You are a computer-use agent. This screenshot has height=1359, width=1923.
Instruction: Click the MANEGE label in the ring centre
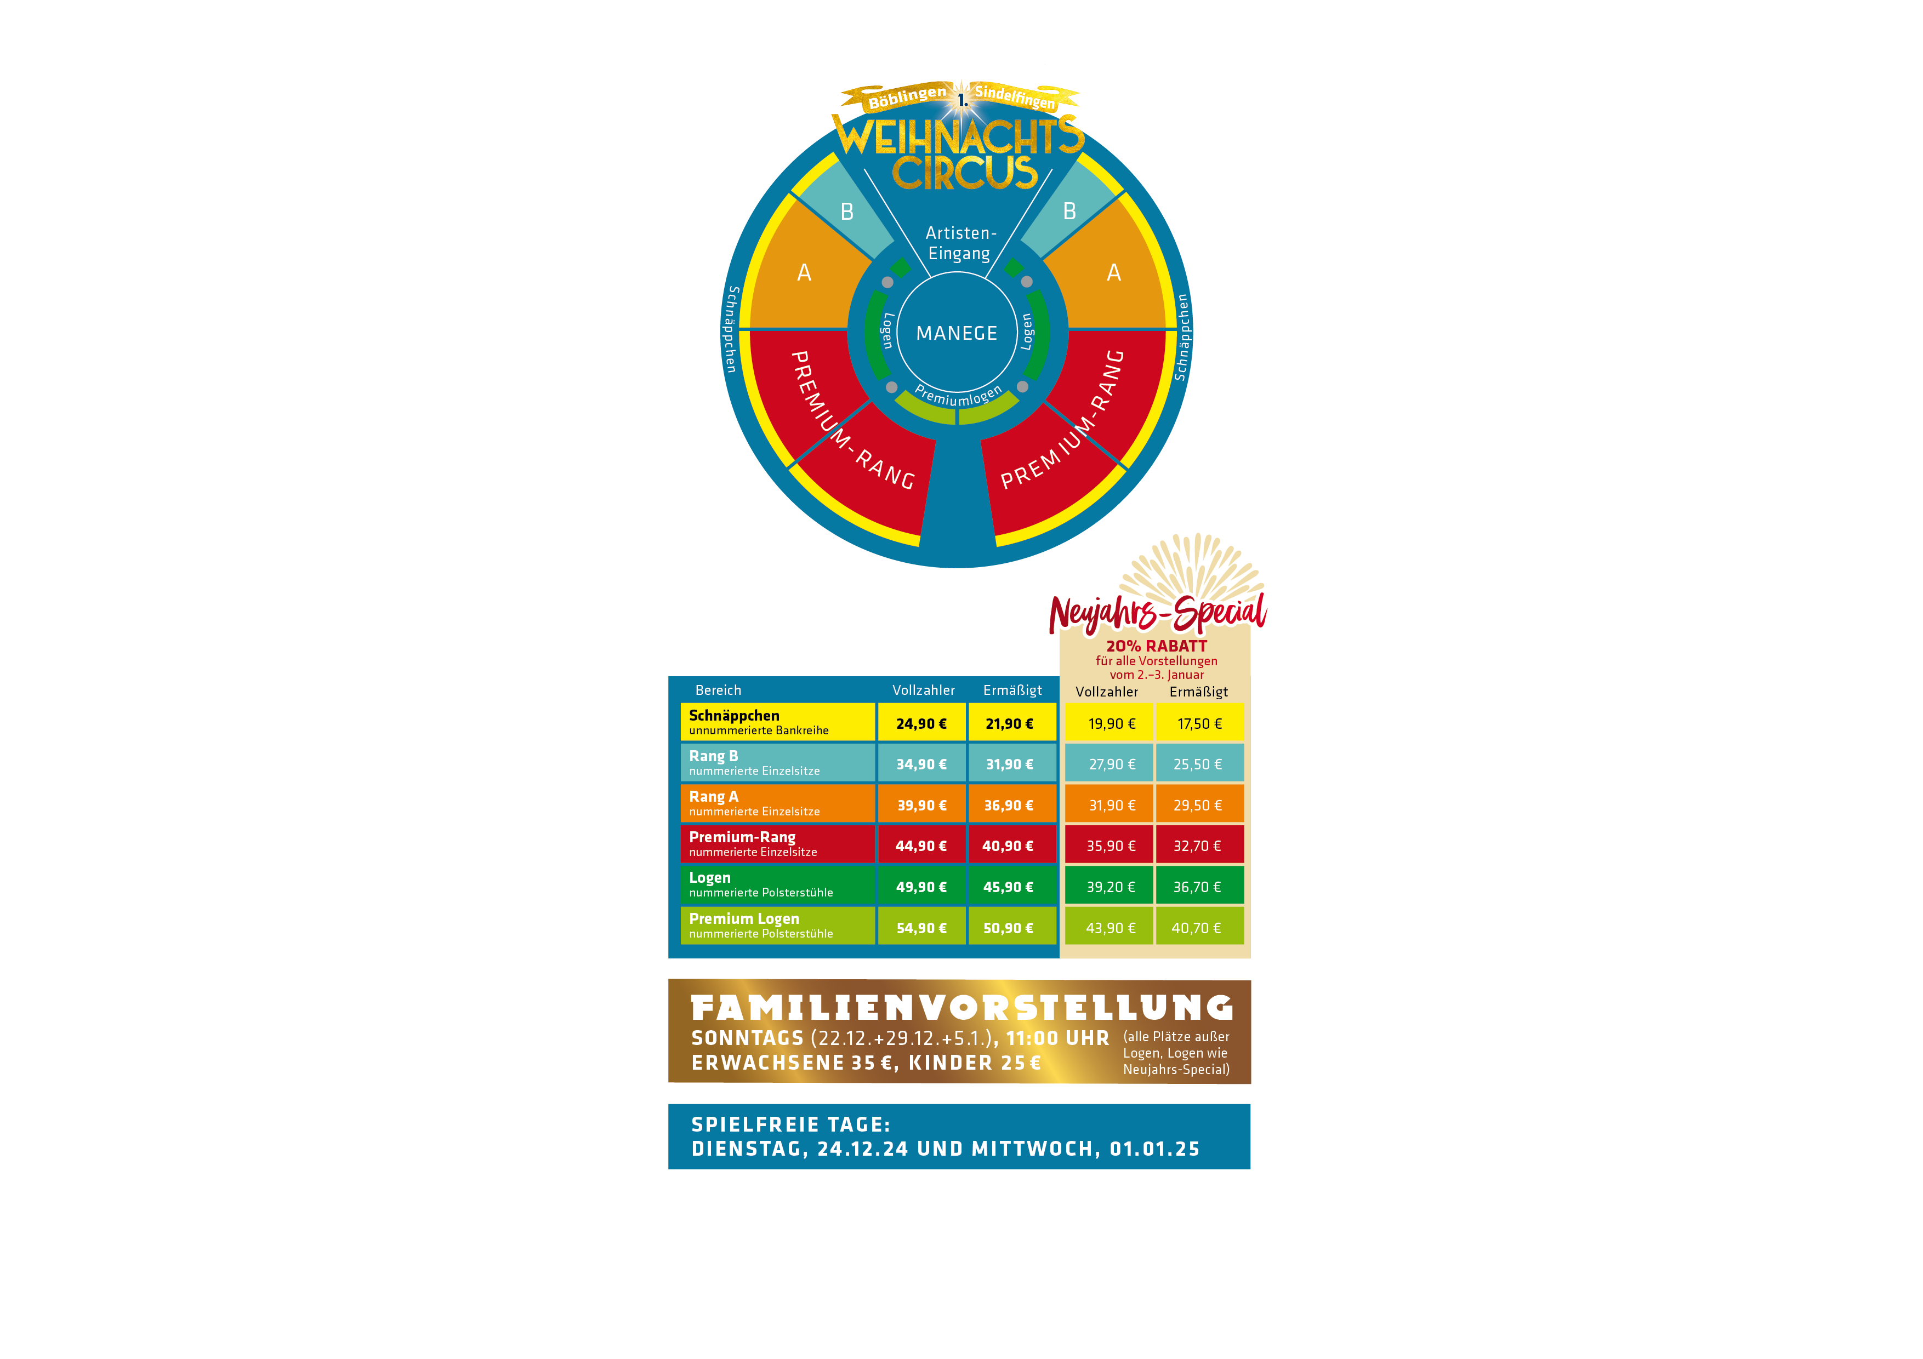(957, 333)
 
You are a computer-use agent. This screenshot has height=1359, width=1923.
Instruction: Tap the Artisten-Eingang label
(960, 243)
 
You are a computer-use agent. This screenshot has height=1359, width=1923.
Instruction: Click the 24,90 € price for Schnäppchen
(921, 723)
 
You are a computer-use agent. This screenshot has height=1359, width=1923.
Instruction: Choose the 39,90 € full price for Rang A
(921, 806)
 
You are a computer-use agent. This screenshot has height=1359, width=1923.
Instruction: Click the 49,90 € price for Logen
(921, 887)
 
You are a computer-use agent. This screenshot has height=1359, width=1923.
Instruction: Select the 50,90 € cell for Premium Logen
(1009, 928)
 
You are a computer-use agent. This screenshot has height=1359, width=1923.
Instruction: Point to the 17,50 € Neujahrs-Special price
(1199, 723)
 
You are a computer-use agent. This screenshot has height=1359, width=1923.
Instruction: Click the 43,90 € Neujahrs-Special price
(1111, 928)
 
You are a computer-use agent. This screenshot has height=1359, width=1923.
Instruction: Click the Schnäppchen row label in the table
(733, 715)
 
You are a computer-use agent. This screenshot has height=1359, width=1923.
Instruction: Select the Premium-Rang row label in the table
(742, 837)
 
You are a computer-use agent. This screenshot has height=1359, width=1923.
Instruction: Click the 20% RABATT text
(1157, 646)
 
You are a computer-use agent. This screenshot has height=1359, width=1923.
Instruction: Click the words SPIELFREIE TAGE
(790, 1124)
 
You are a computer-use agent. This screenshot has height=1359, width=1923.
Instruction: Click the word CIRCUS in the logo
(965, 172)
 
